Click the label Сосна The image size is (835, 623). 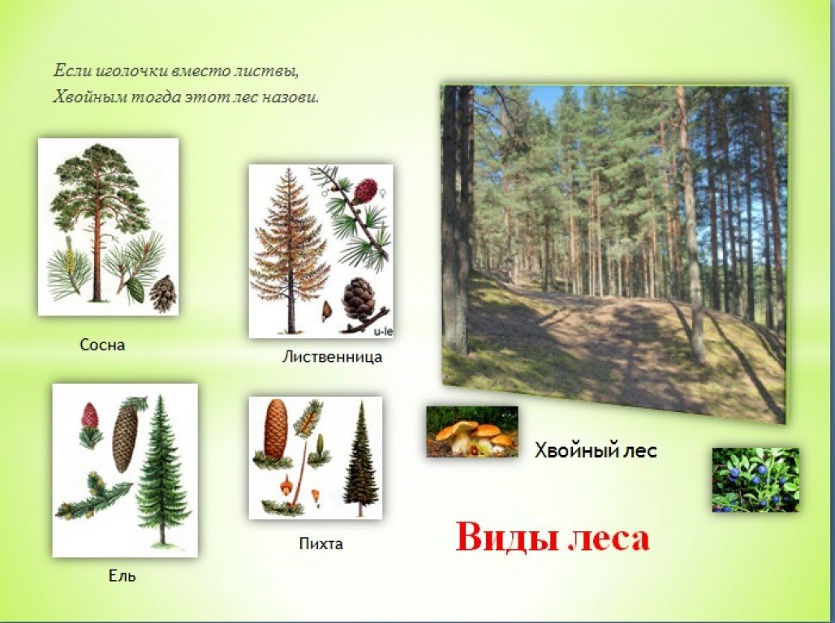click(102, 345)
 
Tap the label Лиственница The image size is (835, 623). click(332, 356)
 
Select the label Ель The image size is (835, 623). click(122, 576)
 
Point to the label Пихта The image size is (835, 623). click(321, 544)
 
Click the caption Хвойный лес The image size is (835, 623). click(596, 450)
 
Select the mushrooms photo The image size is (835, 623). click(471, 432)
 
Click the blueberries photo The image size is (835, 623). click(755, 479)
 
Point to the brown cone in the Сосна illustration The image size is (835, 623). click(163, 294)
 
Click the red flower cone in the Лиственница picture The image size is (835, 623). click(365, 191)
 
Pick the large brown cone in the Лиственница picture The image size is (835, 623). click(359, 300)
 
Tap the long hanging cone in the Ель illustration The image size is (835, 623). click(125, 438)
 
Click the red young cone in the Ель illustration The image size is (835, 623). click(89, 415)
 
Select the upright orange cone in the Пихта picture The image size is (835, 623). click(276, 430)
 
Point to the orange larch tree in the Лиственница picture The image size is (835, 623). click(291, 251)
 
